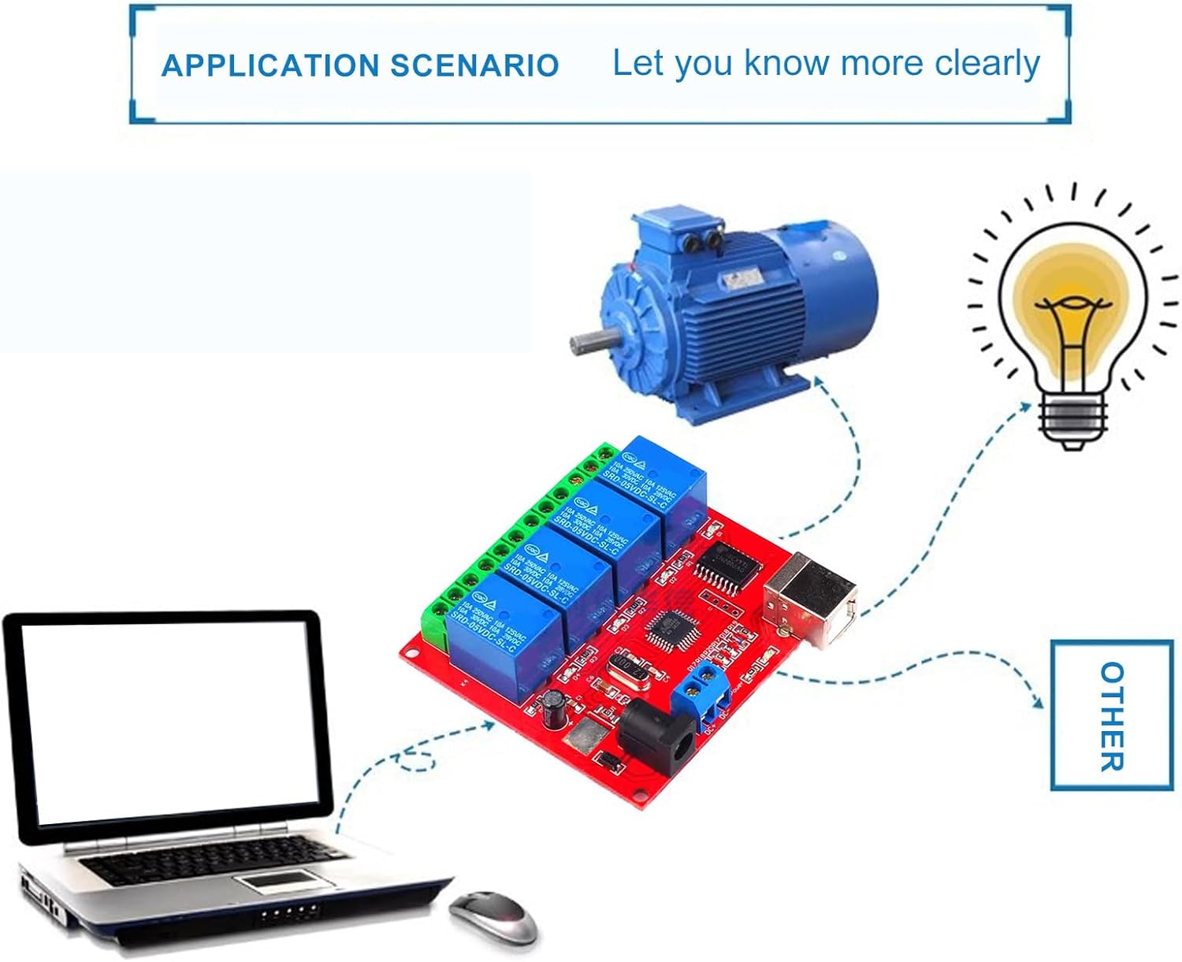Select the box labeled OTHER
coord(1111,715)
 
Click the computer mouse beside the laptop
coord(492,916)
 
